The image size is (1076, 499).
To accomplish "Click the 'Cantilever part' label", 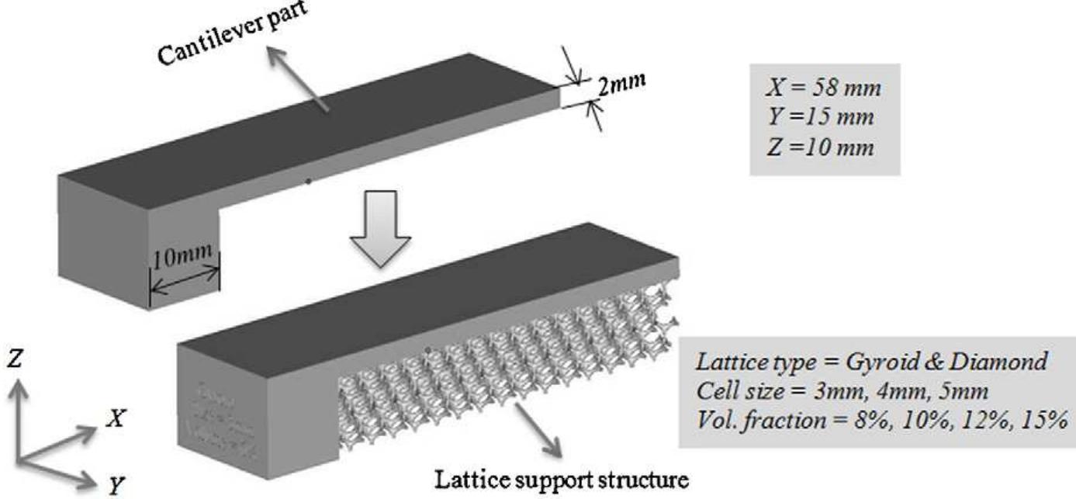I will coord(226,36).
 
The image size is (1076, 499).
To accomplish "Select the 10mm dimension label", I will coord(185,259).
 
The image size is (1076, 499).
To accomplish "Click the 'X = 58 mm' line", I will coord(822,88).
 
